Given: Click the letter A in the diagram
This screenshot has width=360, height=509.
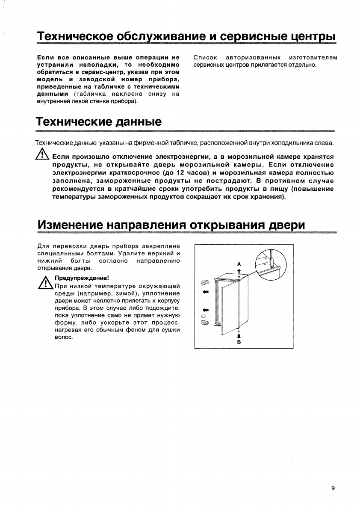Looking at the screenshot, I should [x=239, y=264].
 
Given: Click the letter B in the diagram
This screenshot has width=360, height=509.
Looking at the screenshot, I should [x=239, y=342].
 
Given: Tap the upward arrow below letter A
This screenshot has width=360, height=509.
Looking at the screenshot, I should [x=239, y=271].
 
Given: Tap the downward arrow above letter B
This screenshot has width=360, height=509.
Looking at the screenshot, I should [x=239, y=335].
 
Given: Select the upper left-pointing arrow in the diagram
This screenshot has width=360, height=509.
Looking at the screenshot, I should [x=205, y=292].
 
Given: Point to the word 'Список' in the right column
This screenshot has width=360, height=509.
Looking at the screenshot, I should [x=205, y=57].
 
